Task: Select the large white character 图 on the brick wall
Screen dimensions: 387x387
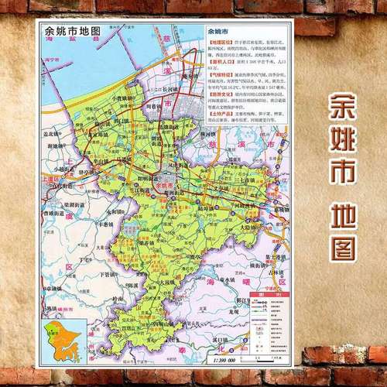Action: click(341, 245)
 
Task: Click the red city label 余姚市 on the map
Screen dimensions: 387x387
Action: click(164, 187)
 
